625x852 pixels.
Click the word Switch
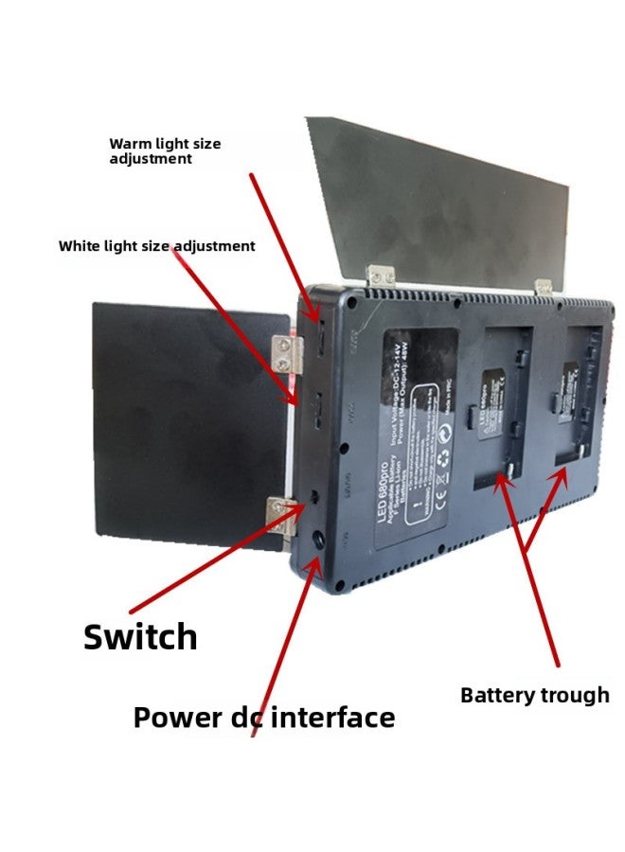(x=140, y=637)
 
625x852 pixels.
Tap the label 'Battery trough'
(x=534, y=696)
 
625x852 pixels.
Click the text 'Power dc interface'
(x=263, y=718)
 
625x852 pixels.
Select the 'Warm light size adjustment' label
(x=165, y=151)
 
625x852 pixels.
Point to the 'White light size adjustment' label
(x=156, y=246)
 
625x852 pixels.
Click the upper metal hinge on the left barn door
(x=286, y=353)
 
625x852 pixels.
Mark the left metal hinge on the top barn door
(x=382, y=275)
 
